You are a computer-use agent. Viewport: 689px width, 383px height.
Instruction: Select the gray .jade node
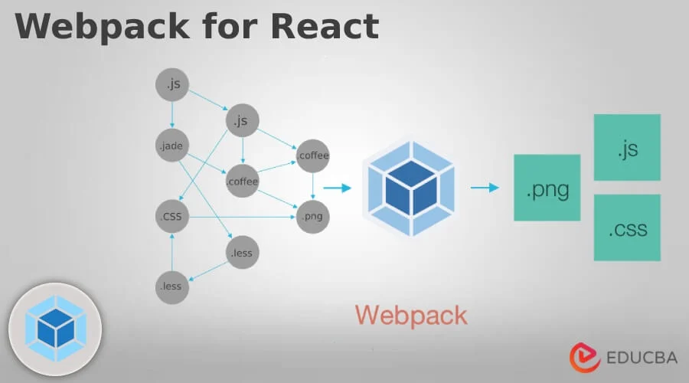click(x=171, y=145)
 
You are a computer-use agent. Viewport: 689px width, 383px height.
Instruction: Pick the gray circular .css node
click(x=171, y=217)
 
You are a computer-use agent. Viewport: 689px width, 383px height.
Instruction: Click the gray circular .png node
click(x=312, y=217)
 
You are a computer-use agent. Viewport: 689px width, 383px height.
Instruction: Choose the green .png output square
click(x=547, y=188)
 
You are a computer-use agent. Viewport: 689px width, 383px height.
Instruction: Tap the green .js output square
click(x=627, y=148)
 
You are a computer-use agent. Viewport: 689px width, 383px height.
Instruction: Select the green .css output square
click(x=627, y=228)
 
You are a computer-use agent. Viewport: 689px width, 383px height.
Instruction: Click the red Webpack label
click(x=410, y=314)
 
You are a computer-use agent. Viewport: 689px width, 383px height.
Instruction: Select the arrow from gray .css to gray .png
click(x=241, y=217)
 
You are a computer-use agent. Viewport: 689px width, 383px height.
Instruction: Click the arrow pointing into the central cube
click(x=338, y=186)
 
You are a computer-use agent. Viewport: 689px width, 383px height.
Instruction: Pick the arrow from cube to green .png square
click(x=485, y=187)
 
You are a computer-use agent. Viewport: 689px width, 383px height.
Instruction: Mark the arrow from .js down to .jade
click(x=171, y=114)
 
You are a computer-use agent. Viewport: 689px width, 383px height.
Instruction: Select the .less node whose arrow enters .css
click(x=171, y=287)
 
